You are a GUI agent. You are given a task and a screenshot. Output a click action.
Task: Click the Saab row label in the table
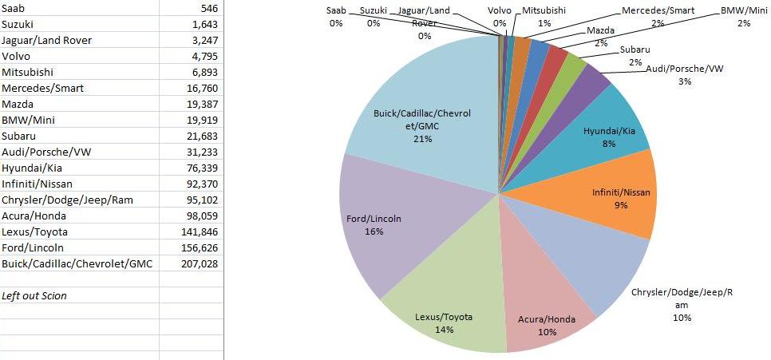point(14,8)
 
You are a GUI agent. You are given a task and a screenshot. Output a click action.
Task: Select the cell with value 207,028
point(200,263)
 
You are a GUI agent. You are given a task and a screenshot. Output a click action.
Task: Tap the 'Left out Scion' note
point(34,295)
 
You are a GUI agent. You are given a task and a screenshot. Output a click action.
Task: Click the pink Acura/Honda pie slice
point(543,311)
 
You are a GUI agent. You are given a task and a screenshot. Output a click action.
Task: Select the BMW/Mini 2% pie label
point(743,17)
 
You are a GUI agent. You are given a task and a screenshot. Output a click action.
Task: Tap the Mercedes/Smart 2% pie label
point(658,17)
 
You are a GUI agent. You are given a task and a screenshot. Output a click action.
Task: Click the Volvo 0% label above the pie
point(500,17)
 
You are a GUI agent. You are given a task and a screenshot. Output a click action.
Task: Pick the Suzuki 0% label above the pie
point(374,17)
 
